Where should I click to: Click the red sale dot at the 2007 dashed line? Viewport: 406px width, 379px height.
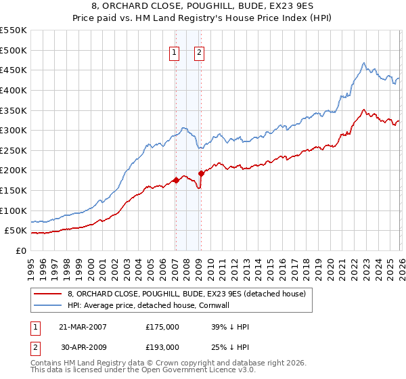coord(176,180)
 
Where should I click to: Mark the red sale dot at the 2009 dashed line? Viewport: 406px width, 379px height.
coord(201,173)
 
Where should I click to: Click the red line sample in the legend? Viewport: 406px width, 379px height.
coord(48,294)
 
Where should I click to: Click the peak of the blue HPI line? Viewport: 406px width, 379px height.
coord(363,64)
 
